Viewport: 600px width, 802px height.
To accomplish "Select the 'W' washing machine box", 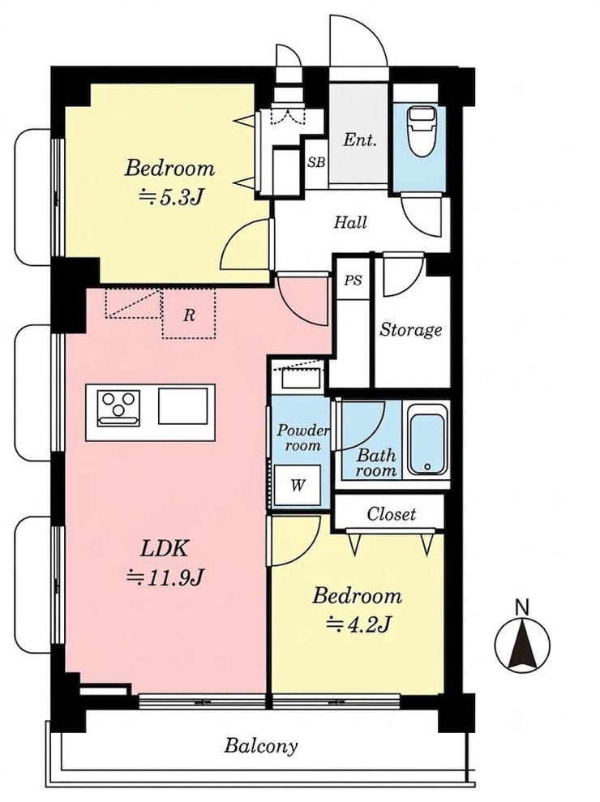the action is (298, 484).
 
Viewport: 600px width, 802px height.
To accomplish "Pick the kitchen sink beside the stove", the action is (183, 406).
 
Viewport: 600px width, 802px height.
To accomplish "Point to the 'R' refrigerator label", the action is (189, 315).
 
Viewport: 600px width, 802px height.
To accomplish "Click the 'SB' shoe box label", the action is (316, 163).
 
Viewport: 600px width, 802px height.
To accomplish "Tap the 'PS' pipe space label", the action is (353, 281).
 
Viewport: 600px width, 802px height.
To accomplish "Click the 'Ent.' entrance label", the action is (360, 139).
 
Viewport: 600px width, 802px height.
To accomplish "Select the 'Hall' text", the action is (350, 222).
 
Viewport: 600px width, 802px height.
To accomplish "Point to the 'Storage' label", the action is (410, 330).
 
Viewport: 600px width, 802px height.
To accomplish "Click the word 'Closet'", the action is (392, 513).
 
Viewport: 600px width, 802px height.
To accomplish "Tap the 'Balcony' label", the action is (261, 746).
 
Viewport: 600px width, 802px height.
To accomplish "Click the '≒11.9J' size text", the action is (165, 577).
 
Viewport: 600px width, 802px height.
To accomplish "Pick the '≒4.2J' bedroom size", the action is (359, 624).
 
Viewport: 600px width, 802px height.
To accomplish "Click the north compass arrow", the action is (523, 643).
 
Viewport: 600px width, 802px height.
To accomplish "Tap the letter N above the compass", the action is (521, 607).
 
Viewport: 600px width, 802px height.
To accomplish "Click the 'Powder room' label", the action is (303, 437).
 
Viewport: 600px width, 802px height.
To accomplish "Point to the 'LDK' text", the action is (165, 549).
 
